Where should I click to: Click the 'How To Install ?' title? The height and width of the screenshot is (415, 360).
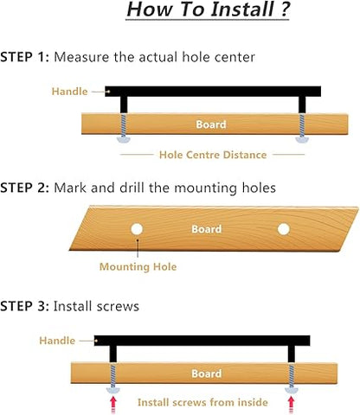pos(208,10)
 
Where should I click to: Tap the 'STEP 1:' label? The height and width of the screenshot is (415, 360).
pos(25,57)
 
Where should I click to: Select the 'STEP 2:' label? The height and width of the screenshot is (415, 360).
pos(25,188)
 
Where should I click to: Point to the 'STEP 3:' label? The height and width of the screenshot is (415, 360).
pos(25,306)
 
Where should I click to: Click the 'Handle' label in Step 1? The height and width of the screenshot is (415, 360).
pos(69,92)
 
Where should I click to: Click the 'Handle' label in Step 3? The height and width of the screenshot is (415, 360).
pos(57,341)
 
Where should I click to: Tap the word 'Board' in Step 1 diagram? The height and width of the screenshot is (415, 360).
pos(211,124)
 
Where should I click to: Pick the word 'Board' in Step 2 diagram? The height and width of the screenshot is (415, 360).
pos(207,229)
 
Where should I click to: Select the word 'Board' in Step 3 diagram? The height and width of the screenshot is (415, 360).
pos(207,373)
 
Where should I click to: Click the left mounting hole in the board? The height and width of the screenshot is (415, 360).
pos(137,229)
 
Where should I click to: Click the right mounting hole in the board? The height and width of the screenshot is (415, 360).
pos(284,229)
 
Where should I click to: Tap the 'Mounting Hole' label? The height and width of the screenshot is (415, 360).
pos(138,267)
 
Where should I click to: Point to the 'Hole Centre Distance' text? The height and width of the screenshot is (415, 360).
pos(213,155)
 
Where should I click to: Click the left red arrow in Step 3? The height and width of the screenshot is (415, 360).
pos(113,405)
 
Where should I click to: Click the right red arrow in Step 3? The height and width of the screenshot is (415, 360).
pos(292,405)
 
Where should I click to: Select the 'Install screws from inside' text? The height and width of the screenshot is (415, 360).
pos(202,402)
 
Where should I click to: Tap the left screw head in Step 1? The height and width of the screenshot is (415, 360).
pos(124,140)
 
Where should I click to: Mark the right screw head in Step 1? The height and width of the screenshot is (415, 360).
pos(302,140)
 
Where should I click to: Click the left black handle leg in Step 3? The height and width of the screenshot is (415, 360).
pos(113,354)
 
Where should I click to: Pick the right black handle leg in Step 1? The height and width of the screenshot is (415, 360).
pos(302,105)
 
